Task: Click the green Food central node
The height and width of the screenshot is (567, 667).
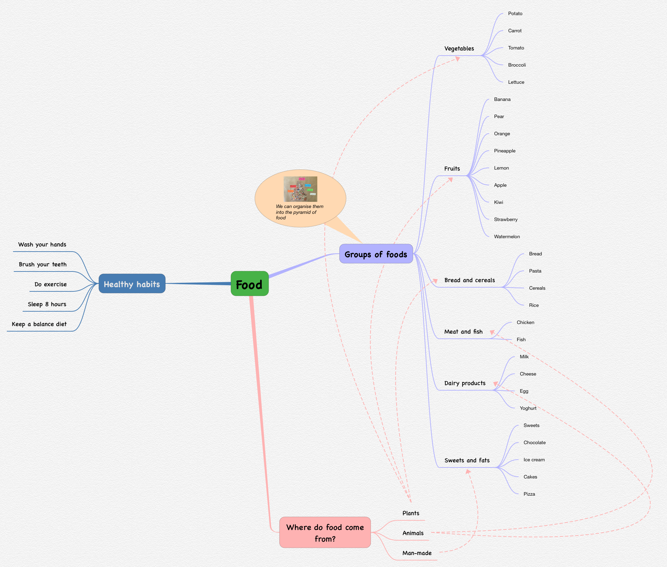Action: click(249, 284)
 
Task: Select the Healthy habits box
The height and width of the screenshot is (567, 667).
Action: click(132, 284)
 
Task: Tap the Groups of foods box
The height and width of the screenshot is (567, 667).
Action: click(376, 254)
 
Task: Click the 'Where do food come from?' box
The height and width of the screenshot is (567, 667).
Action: click(325, 532)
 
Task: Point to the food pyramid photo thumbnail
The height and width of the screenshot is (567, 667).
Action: click(300, 189)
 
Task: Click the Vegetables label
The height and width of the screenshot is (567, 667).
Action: click(459, 49)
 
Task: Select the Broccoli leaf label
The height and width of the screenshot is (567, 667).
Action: click(517, 65)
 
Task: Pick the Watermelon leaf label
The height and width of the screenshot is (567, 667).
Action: click(507, 237)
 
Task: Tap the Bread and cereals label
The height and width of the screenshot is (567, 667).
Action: click(469, 280)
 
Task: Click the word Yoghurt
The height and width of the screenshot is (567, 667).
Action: click(528, 408)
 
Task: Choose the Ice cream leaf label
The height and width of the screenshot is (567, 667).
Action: click(534, 460)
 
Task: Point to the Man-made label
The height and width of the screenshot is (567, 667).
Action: click(417, 553)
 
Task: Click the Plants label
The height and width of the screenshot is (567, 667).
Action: click(411, 513)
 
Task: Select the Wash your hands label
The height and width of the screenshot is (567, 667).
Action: click(42, 245)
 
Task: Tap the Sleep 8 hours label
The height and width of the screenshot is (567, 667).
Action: click(47, 304)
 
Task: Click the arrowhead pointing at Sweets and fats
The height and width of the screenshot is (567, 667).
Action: click(468, 472)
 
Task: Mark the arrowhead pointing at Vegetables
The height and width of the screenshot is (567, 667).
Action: click(457, 59)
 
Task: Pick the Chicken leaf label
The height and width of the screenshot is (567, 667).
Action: click(525, 323)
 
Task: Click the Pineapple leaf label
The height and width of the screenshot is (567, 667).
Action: click(504, 151)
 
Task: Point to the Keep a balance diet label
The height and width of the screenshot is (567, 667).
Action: click(39, 324)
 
